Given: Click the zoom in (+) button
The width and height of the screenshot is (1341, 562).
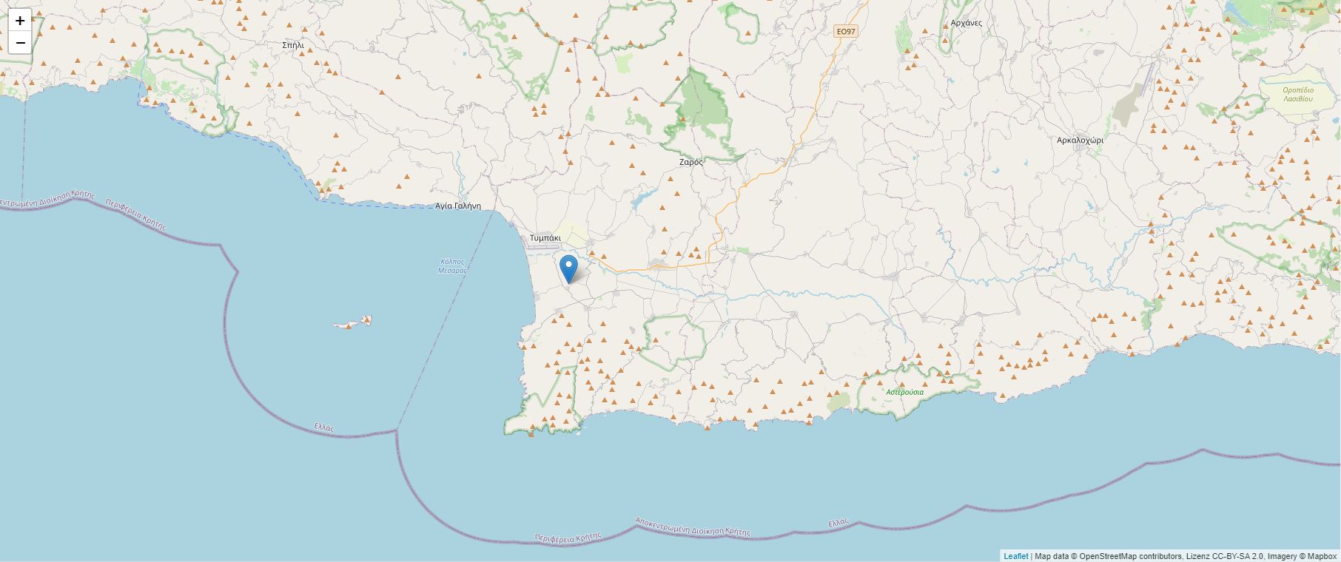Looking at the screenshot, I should tap(20, 21).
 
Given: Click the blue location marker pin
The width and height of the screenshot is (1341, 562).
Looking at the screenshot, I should tap(568, 268).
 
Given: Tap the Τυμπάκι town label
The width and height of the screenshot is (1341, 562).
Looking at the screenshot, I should tap(545, 238).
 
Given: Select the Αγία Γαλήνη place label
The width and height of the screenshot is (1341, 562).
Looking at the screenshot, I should tap(458, 206).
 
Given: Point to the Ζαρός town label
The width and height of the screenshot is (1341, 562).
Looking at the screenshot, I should tap(691, 161).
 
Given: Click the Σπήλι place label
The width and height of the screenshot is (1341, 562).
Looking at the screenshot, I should tap(293, 45).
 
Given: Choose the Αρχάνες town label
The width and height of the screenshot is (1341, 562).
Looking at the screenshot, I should tap(966, 23).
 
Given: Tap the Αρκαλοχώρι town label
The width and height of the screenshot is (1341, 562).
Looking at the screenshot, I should tap(1080, 140).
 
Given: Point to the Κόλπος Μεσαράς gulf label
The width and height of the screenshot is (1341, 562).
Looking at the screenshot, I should tap(452, 266).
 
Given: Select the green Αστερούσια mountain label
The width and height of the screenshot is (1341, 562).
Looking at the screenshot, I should tap(904, 392).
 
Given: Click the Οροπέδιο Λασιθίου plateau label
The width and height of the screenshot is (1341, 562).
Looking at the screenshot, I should tap(1298, 94).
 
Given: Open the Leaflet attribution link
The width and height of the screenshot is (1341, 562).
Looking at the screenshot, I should tap(1015, 556).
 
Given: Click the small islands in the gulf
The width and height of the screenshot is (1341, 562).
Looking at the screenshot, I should tap(352, 323).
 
